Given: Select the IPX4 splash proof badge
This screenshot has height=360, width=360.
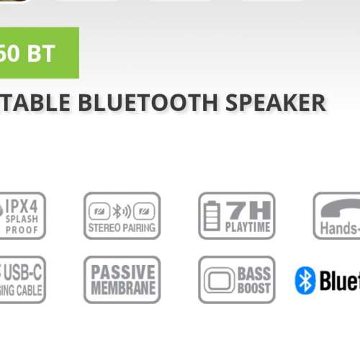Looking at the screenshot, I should [22, 215].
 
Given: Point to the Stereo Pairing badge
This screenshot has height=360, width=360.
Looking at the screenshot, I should [122, 215].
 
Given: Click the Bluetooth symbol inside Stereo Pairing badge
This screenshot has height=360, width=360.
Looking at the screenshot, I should [122, 212].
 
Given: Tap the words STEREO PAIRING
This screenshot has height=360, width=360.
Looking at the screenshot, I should [122, 228].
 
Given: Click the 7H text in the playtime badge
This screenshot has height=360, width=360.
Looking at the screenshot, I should [246, 210].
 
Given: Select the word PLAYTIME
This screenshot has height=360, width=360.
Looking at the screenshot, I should [246, 228].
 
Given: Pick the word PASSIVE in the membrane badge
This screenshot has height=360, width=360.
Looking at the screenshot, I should [122, 272].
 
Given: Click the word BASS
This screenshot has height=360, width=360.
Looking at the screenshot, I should [254, 273].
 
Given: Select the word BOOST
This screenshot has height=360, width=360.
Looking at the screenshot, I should [254, 288].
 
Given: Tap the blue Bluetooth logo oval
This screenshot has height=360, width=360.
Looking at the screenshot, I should [305, 280].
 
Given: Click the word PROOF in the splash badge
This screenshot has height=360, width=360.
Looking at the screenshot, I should [22, 230].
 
